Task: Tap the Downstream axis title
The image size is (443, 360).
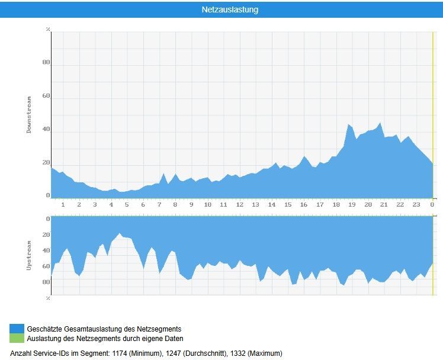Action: click(30, 115)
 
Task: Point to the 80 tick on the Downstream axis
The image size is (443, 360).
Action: click(46, 62)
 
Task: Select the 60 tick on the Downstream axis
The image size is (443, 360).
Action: click(46, 96)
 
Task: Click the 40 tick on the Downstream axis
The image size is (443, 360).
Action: click(46, 129)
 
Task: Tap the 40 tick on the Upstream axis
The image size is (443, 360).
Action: click(46, 250)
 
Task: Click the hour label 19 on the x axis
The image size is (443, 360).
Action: click(352, 205)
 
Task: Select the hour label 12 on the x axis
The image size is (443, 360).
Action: click(240, 205)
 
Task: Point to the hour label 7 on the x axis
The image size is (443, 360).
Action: click(159, 205)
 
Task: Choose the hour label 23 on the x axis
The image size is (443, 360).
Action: click(416, 205)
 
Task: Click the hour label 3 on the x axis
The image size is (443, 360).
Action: click(95, 205)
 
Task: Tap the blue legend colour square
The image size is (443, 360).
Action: click(17, 329)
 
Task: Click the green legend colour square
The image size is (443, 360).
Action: click(17, 338)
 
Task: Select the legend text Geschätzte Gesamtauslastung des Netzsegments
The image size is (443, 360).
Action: click(104, 329)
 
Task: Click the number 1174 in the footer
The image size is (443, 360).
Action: click(120, 353)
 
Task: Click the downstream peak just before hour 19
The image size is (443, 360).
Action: click(349, 125)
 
